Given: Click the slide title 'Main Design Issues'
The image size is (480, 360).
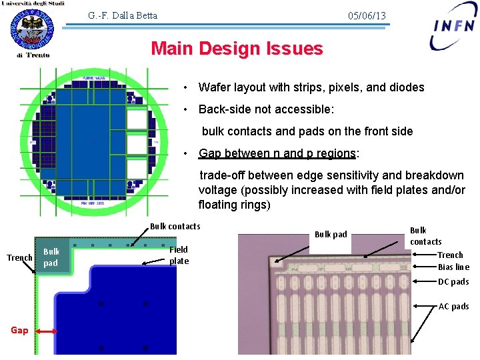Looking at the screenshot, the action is [237, 49].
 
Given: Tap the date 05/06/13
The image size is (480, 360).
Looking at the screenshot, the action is [367, 16].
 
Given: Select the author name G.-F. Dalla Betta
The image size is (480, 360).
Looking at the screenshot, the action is [123, 15].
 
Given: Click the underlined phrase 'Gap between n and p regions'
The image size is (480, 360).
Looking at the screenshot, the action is [277, 153].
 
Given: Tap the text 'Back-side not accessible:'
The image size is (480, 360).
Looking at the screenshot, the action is [266, 109].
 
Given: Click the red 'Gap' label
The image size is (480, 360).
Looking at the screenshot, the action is [19, 330].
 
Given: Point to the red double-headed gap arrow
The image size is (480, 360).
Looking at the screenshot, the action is [46, 331].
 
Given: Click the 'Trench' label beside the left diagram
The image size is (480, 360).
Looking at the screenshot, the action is [19, 257].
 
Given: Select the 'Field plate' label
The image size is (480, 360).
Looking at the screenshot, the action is [179, 255].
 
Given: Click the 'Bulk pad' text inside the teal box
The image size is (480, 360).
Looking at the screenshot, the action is [51, 257].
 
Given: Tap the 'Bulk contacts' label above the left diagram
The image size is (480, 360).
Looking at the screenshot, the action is [175, 227].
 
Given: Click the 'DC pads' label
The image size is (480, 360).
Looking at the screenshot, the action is [453, 281].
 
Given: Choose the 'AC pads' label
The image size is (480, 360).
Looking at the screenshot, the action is [453, 307].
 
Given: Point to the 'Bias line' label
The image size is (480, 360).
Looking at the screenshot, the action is [453, 267].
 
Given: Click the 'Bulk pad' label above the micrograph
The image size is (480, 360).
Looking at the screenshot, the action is [331, 234].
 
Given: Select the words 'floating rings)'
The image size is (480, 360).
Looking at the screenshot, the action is [235, 205].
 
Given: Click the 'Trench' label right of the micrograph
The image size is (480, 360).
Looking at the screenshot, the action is [450, 255].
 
